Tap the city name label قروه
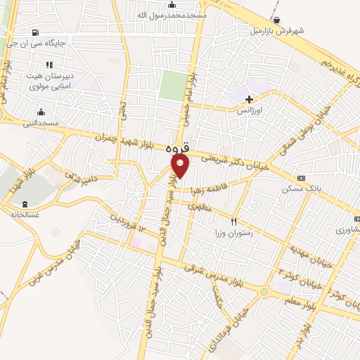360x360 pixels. pos(178,149)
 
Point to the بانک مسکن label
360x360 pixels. pos(297,188)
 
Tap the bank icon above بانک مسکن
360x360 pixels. pos(302,178)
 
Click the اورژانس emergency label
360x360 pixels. pos(248,111)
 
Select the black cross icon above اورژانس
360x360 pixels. pos(249,99)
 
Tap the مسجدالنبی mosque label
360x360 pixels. pos(40,123)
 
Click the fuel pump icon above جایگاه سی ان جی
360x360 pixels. pos(35,32)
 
